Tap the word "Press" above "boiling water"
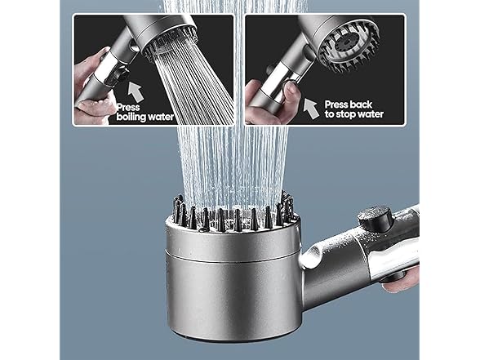129,107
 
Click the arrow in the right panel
311,109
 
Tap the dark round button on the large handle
376,218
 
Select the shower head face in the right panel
349,48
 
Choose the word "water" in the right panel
371,114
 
